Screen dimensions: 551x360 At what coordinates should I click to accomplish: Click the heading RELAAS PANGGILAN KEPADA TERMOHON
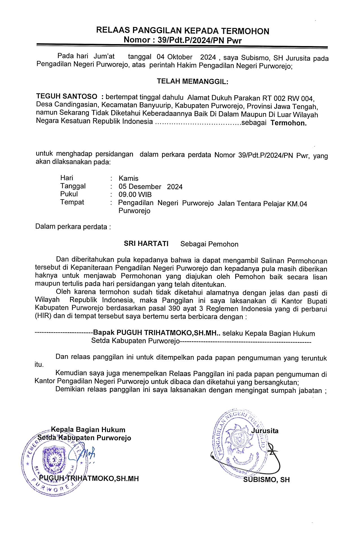click(183, 31)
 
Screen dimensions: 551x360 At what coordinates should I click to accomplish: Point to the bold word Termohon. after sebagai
click(289, 123)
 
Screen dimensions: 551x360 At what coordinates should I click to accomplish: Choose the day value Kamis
click(128, 179)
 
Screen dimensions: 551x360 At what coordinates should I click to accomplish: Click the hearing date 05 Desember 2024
click(150, 187)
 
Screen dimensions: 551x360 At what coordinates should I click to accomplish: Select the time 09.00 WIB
click(135, 195)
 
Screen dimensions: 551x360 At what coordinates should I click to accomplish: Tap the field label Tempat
click(72, 202)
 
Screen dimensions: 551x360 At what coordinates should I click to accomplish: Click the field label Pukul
click(69, 194)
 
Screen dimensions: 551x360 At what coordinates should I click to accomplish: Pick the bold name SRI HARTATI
click(146, 244)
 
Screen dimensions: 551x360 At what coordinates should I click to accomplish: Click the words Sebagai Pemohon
click(209, 244)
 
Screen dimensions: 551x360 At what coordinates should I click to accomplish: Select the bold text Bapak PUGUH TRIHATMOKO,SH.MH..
click(156, 333)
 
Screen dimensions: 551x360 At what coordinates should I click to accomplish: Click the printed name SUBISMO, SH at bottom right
click(266, 480)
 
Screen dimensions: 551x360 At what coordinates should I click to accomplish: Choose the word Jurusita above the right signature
click(265, 431)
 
